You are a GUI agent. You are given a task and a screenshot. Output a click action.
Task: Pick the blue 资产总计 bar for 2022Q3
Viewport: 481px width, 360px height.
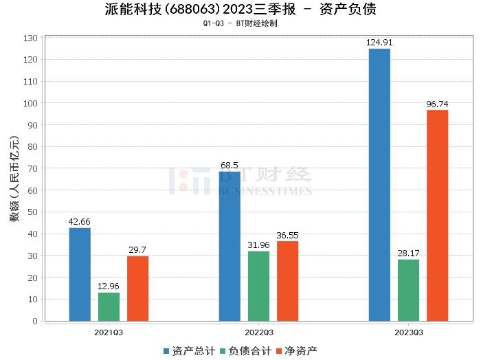[230, 246]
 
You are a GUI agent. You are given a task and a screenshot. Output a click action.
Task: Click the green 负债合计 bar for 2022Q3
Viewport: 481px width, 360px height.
[258, 286]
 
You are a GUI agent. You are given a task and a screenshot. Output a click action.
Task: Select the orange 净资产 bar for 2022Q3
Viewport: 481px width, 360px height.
[287, 281]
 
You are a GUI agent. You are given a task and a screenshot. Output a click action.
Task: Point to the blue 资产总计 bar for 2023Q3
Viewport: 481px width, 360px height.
[379, 185]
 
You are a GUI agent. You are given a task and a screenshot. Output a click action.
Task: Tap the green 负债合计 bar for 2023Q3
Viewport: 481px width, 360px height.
[408, 290]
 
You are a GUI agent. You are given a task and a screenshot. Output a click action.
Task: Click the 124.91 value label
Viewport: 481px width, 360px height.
[379, 43]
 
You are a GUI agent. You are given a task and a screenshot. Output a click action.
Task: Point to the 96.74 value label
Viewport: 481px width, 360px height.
[437, 104]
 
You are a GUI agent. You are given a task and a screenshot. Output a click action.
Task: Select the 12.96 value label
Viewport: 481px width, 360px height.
[109, 286]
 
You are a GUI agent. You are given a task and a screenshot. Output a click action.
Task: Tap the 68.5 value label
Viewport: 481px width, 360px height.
[230, 166]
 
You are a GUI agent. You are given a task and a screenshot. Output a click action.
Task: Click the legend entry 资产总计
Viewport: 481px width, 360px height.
[186, 351]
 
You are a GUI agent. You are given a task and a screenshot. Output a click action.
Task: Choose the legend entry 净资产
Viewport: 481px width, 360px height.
[296, 351]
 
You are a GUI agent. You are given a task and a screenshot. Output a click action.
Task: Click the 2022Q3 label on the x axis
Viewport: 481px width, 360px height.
[258, 332]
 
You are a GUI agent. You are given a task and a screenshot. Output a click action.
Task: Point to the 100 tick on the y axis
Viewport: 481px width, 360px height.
[30, 103]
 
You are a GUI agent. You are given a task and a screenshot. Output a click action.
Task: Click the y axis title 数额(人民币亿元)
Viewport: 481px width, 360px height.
[13, 184]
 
